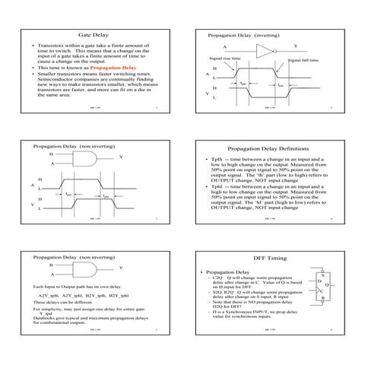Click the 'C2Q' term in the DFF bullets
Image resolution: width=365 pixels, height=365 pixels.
click(218, 278)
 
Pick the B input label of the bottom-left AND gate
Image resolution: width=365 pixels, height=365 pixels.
click(52, 265)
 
